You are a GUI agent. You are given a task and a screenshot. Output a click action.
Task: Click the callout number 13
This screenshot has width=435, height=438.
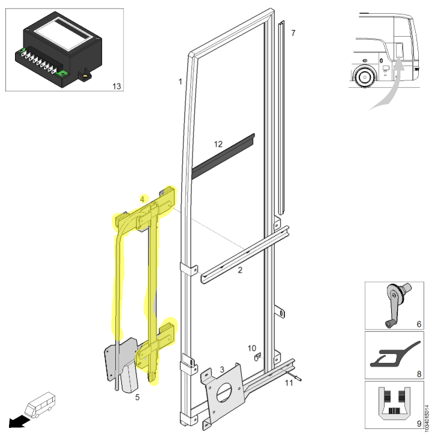pos(116,87)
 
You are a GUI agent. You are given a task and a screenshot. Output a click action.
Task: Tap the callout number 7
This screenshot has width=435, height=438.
pos(293,33)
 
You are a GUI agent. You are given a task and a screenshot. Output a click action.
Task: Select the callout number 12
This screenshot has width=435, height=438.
pos(218,144)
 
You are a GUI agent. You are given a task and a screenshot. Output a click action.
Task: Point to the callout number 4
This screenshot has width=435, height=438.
pos(142,199)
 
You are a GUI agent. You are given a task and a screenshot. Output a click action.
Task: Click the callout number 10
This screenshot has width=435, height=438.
pos(251,348)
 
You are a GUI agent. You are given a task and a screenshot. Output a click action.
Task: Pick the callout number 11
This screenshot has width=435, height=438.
pos(289,383)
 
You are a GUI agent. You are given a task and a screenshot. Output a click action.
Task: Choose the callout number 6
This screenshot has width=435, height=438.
pos(419,324)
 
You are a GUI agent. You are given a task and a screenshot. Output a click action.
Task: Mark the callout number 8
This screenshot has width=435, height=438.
pos(419,374)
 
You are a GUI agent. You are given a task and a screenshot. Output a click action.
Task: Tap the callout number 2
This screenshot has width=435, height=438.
pos(240,270)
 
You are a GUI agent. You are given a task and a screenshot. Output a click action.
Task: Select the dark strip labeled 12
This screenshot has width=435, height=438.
pos(223,156)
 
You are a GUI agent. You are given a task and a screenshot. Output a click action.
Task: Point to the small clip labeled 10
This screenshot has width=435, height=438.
pos(257,357)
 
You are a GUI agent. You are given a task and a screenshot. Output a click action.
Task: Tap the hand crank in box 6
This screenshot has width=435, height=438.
pos(395,304)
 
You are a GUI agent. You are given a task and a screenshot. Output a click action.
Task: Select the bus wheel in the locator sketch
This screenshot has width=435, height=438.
pos(364,76)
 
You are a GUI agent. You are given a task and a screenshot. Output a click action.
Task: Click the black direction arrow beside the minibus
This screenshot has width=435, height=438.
pos(19,421)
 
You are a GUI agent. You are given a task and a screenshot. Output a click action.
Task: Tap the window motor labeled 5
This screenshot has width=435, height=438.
pos(129,378)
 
